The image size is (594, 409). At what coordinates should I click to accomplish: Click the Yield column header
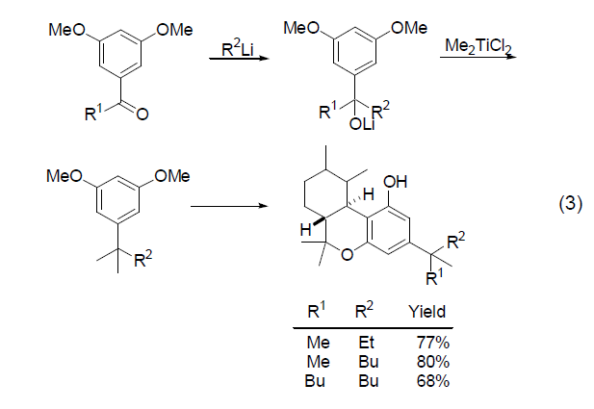(427, 313)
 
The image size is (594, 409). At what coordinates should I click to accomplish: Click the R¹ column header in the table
(316, 312)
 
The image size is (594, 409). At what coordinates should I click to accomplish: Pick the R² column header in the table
(364, 312)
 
